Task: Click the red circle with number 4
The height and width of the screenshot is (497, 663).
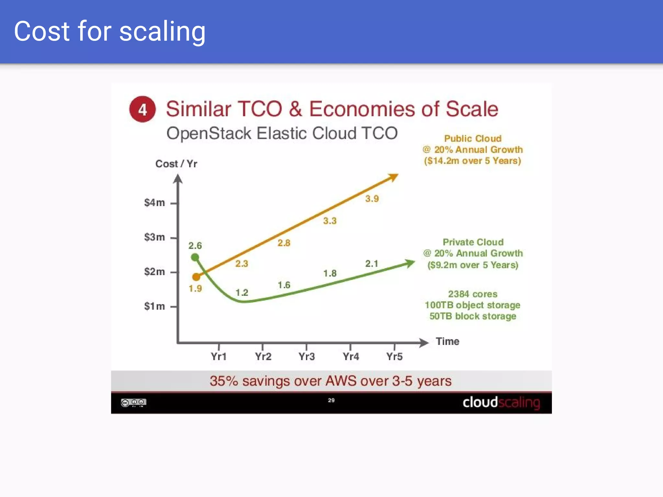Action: [x=142, y=109]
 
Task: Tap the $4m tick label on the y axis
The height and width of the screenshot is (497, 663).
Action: [x=154, y=203]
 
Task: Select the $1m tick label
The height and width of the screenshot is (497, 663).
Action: [x=154, y=306]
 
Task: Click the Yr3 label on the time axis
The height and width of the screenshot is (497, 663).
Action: [x=307, y=357]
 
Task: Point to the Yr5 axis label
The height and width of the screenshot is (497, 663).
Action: [x=394, y=357]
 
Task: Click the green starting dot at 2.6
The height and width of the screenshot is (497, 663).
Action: [x=195, y=257]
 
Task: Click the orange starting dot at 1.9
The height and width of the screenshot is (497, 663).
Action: [x=196, y=277]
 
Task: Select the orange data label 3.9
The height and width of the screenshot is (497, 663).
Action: [x=372, y=199]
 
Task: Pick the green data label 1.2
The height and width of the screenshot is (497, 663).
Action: [x=242, y=293]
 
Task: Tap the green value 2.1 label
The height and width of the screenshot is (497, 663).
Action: [x=372, y=264]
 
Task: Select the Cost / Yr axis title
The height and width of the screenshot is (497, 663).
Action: [x=176, y=164]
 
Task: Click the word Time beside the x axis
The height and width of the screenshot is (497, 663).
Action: [x=447, y=341]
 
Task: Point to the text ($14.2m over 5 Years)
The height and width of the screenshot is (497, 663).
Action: [x=473, y=161]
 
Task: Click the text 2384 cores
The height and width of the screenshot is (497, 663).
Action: [x=473, y=294]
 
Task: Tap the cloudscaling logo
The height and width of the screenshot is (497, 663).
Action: [x=501, y=403]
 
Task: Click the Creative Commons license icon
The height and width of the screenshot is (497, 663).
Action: [x=133, y=403]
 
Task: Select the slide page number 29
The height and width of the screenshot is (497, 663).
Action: [x=331, y=400]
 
